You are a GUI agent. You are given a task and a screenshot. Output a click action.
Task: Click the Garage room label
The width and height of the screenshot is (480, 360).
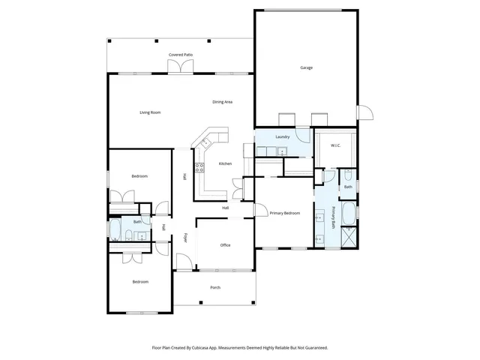tap(306, 67)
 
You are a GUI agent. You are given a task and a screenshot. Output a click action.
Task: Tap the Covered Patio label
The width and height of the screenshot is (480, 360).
tap(181, 55)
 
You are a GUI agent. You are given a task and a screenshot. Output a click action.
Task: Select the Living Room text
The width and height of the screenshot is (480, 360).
tap(150, 112)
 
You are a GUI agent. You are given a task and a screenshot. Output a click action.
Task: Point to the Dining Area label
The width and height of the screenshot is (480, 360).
tap(222, 101)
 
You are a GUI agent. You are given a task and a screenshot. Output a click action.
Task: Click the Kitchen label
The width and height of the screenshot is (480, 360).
tap(225, 163)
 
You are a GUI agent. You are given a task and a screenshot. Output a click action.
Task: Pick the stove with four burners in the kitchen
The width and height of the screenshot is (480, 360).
tap(199, 167)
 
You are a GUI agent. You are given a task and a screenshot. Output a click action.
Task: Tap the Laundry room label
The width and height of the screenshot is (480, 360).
tap(283, 136)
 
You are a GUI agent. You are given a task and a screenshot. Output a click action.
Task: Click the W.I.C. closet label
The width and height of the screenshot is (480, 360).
tap(335, 145)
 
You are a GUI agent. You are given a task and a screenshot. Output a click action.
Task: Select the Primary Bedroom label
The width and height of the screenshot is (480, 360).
tap(285, 213)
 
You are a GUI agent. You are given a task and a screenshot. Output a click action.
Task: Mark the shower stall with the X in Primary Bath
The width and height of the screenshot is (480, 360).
tap(349, 238)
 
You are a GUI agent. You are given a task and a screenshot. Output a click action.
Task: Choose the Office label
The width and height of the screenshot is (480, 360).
tap(225, 245)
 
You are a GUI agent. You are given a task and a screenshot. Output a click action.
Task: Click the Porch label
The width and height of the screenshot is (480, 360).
tap(215, 287)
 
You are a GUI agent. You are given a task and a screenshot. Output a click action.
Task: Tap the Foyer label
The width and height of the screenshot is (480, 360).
tap(186, 238)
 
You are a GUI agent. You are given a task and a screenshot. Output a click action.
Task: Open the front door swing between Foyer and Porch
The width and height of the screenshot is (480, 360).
tap(182, 262)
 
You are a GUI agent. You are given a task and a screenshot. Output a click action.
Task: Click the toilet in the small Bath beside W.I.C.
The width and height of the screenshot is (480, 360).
tap(347, 176)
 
